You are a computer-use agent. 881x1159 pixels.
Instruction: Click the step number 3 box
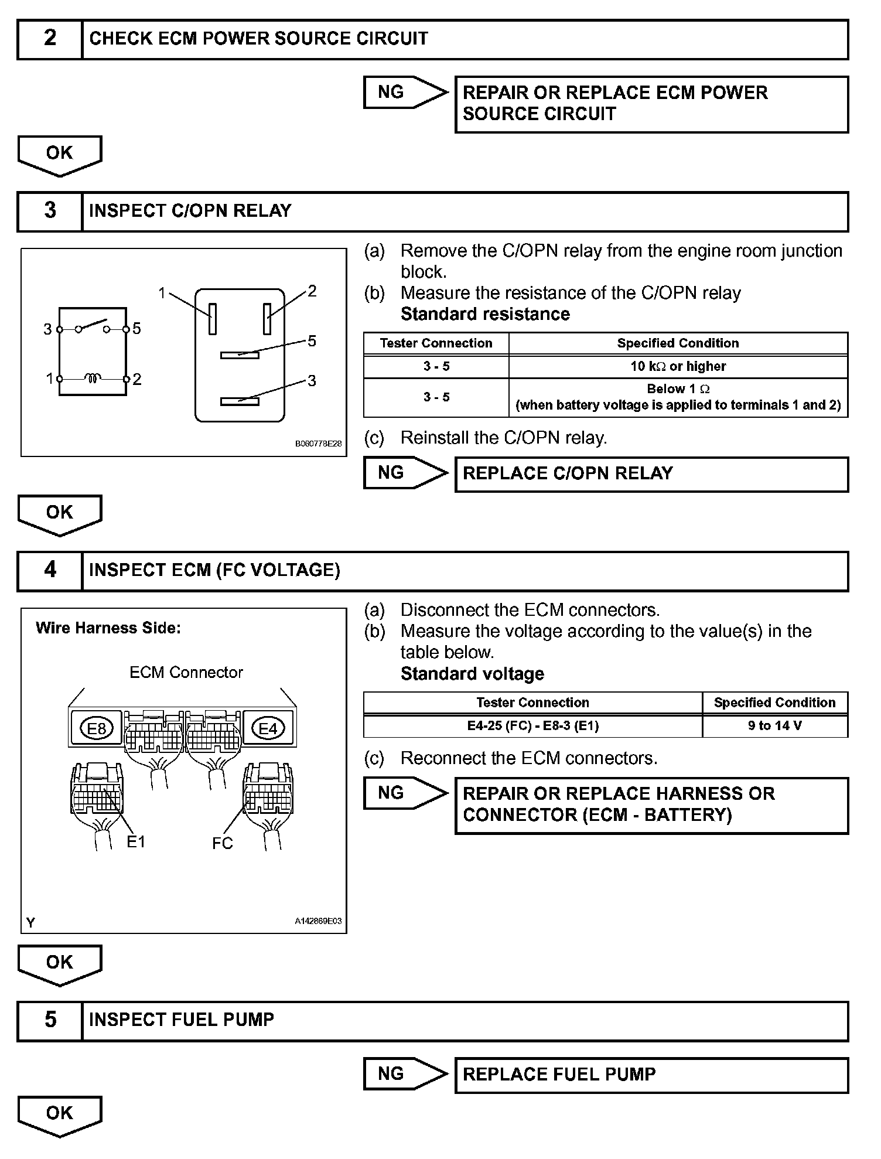click(x=50, y=211)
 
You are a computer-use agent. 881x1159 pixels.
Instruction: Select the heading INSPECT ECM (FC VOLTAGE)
click(x=214, y=570)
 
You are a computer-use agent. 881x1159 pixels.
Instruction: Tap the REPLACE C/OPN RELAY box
click(x=651, y=474)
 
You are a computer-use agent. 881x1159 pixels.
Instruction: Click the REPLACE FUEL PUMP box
click(x=651, y=1075)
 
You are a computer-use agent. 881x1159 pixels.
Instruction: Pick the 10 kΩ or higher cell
click(x=678, y=367)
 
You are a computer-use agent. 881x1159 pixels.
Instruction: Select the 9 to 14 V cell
click(x=774, y=726)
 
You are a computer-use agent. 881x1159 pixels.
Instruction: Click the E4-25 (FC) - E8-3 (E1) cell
click(x=532, y=726)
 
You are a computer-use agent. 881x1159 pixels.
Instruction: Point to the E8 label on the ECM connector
click(x=97, y=728)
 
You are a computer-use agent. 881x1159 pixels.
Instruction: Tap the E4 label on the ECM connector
click(x=268, y=728)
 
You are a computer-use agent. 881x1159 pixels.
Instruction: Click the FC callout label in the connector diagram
click(x=223, y=843)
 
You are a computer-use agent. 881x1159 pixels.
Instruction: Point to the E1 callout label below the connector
click(x=136, y=842)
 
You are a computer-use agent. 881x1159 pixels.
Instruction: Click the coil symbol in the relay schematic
click(x=93, y=378)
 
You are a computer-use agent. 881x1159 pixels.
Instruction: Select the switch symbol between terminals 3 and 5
click(x=93, y=326)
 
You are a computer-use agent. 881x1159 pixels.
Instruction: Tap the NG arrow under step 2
click(x=405, y=93)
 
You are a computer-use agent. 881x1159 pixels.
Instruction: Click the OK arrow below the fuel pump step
click(x=60, y=1115)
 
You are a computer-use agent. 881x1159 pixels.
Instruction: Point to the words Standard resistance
click(x=485, y=315)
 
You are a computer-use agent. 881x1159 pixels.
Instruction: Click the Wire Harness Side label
click(x=108, y=628)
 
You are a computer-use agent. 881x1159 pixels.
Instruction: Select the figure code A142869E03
click(x=318, y=921)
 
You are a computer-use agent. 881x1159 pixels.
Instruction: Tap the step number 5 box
click(x=50, y=1020)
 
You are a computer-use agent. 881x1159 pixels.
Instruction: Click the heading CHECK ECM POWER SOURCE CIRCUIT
click(x=258, y=39)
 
